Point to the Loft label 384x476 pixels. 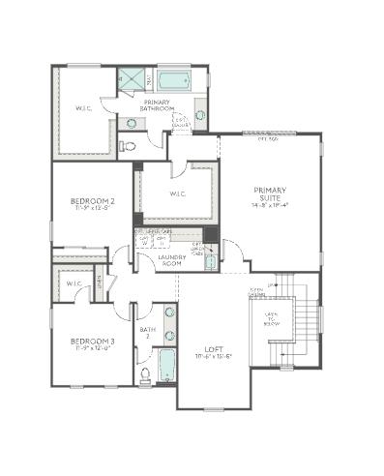pos(215,349)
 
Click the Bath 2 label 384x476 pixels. pos(147,332)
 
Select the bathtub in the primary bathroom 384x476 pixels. pos(175,80)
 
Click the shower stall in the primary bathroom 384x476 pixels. pos(131,79)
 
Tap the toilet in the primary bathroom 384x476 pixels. pos(128,146)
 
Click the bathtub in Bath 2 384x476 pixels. pos(168,368)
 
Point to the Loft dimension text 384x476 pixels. pos(215,357)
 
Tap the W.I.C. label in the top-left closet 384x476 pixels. pos(82,108)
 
